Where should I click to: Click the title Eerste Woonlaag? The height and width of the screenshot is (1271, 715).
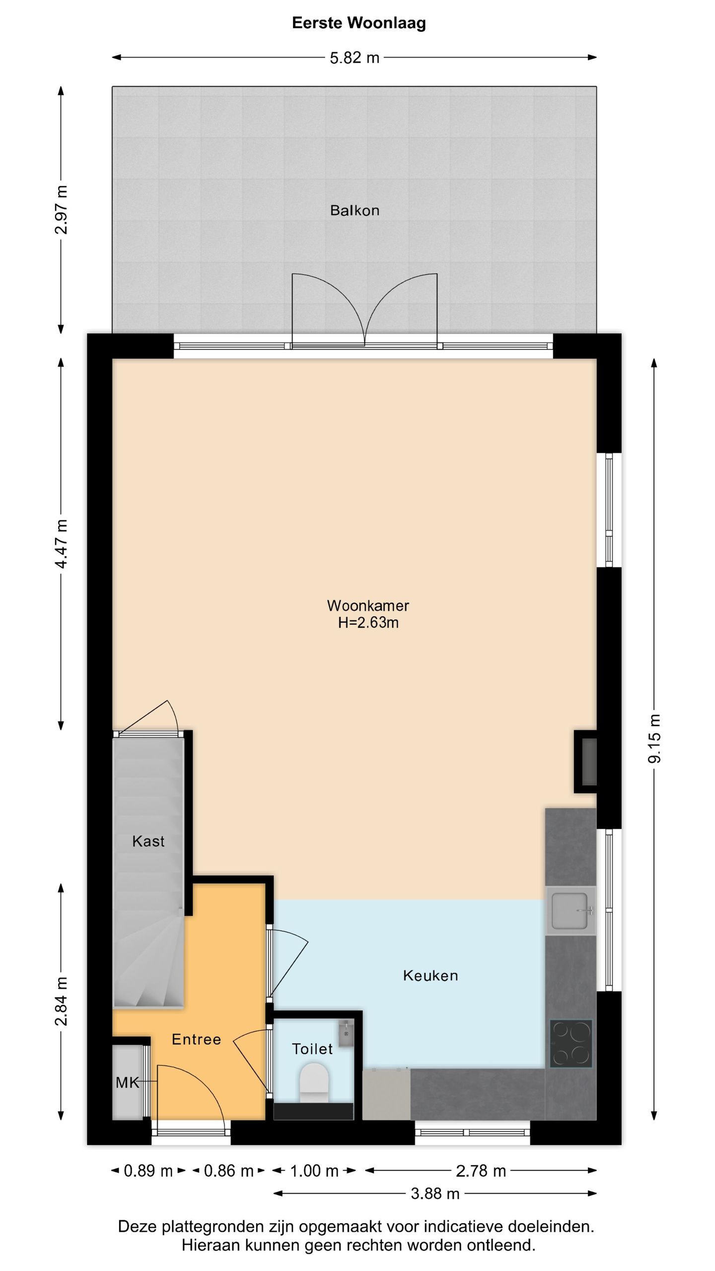click(x=358, y=23)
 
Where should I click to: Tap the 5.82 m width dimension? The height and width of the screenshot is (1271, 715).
click(x=355, y=58)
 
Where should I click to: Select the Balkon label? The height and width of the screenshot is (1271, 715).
click(x=355, y=211)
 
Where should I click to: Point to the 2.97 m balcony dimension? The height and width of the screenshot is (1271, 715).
click(x=62, y=210)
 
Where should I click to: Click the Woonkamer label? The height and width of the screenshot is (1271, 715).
click(x=368, y=606)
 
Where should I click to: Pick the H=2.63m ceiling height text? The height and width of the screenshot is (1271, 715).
click(x=368, y=623)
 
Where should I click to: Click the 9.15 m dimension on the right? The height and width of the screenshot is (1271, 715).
click(x=655, y=738)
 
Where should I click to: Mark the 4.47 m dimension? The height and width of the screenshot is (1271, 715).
click(x=62, y=544)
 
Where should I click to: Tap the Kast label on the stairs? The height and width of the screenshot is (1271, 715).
click(x=148, y=841)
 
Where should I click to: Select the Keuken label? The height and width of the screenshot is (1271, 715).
click(x=430, y=976)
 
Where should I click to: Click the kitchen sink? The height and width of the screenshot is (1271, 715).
click(x=571, y=911)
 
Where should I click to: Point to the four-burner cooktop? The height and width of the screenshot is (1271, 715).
click(x=571, y=1044)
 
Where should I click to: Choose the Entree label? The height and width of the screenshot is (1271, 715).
click(x=196, y=1039)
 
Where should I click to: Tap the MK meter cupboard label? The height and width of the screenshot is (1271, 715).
click(x=127, y=1083)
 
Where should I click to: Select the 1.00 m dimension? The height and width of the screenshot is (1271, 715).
click(x=314, y=1171)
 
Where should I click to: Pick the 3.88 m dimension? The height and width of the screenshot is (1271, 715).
click(x=435, y=1194)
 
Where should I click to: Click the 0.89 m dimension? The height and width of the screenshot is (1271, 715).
click(x=148, y=1171)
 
